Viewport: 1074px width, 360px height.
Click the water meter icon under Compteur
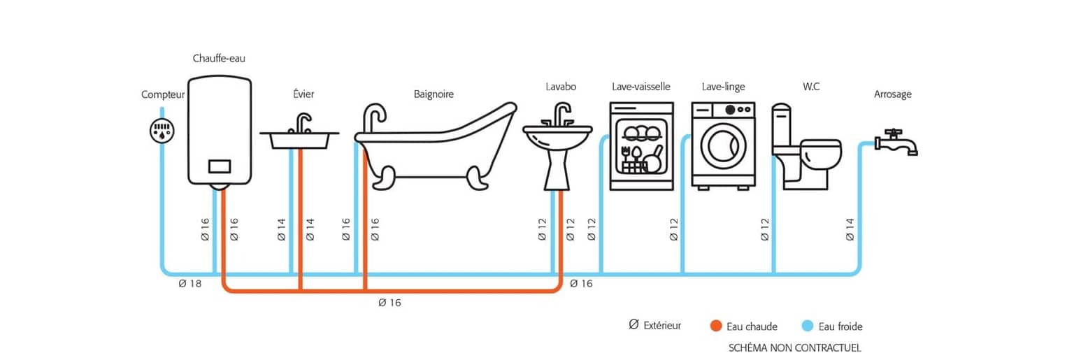point(162,131)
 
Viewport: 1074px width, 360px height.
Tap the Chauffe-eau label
point(219,59)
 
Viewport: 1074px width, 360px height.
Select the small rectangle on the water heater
point(220,166)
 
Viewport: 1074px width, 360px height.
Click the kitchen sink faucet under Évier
point(301,124)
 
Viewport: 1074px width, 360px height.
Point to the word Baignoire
point(434,94)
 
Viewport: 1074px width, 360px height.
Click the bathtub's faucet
point(374,117)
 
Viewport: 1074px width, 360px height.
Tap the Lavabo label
point(561,87)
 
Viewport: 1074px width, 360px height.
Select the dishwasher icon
point(641,146)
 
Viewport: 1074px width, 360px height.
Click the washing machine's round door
point(724,145)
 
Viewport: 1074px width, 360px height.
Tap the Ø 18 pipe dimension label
point(190,284)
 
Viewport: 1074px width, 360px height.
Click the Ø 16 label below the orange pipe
point(389,303)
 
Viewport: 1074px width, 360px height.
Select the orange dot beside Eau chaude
point(715,326)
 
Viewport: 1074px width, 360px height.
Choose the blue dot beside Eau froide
point(808,326)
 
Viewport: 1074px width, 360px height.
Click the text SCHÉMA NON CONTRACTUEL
point(794,347)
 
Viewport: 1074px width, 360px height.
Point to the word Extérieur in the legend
point(662,326)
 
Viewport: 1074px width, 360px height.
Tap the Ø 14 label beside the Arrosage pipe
point(850,229)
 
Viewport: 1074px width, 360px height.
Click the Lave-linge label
point(723,87)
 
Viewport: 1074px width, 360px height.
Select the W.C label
point(811,87)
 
